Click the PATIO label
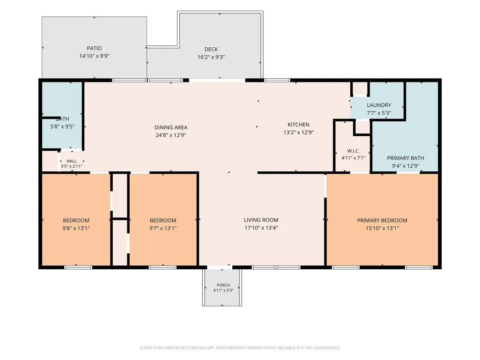[94, 48]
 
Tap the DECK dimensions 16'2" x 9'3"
[211, 57]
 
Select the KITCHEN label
[298, 125]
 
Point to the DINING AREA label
[171, 127]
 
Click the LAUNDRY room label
[379, 105]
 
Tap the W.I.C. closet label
[353, 151]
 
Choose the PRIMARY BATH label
[406, 158]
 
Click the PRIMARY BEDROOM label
[382, 220]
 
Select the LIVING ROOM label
[261, 220]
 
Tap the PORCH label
[223, 285]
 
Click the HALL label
[72, 161]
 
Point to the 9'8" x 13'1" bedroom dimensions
[76, 228]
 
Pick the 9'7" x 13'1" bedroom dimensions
[163, 228]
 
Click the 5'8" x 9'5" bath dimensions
[62, 126]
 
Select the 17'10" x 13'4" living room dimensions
[261, 228]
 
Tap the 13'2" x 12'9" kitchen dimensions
[298, 132]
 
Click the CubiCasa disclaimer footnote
[240, 348]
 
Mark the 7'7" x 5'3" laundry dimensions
[379, 113]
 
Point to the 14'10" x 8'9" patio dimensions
[94, 56]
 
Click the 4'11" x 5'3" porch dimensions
[223, 290]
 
